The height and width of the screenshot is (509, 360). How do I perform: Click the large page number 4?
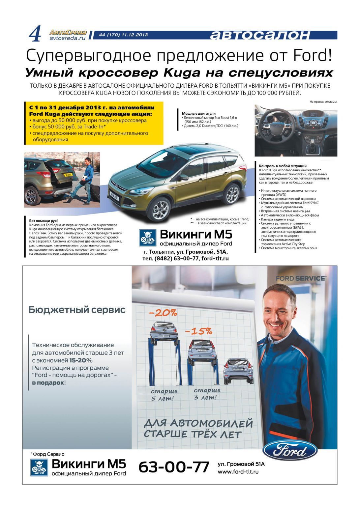click(x=35, y=34)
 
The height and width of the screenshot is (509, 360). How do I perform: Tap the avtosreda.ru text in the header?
click(x=67, y=38)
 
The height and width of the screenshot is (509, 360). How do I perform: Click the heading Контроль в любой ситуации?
click(x=283, y=166)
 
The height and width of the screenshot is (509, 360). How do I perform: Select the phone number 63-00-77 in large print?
click(x=174, y=467)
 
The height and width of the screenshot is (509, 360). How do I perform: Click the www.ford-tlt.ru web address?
click(x=238, y=472)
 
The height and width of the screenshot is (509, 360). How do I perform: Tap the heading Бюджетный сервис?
click(x=77, y=310)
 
